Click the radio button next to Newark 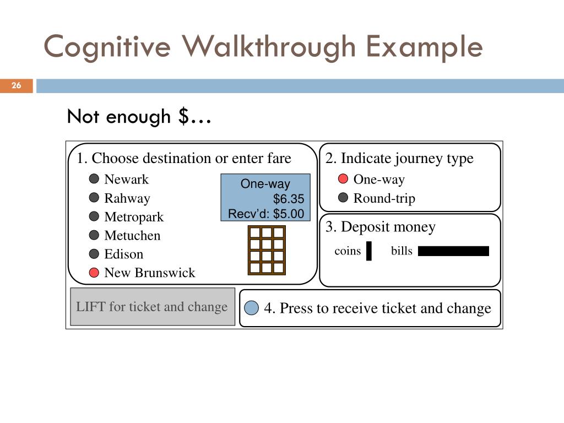pos(94,179)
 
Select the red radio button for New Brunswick pos(94,272)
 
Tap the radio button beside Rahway pos(94,198)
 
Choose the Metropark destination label pos(134,217)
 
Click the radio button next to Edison pos(94,254)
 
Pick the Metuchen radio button pos(94,235)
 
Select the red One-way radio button pos(343,179)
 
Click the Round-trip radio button pos(343,198)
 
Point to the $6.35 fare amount pos(288,199)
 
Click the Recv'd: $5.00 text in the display pos(266,214)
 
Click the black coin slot pos(368,251)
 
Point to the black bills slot pos(453,251)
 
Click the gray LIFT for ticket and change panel pos(152,307)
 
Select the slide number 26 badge pos(17,85)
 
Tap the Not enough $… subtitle pos(139,117)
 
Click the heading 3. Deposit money pos(380,227)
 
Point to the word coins pos(348,251)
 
